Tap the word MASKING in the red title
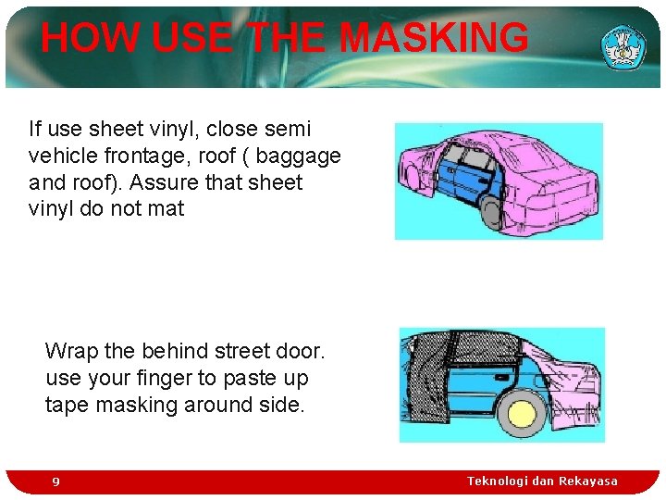[x=434, y=39]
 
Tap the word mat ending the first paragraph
[x=166, y=209]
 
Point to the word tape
[x=66, y=405]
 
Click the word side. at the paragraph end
[x=279, y=405]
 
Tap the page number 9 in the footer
[x=56, y=481]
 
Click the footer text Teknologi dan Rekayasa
[x=542, y=481]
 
